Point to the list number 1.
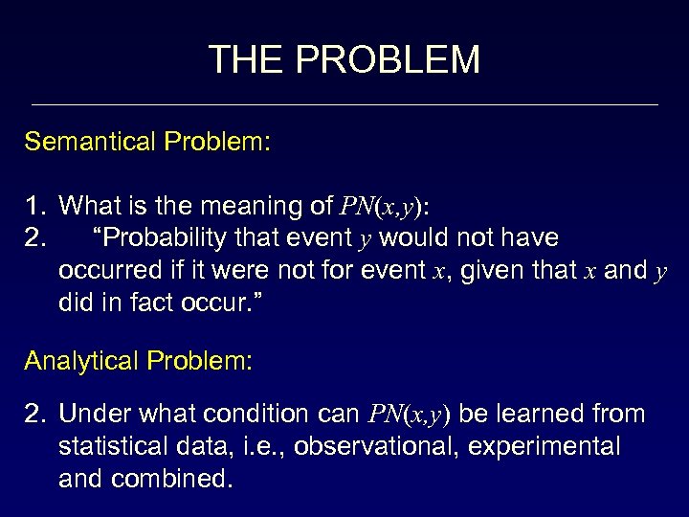[x=35, y=206]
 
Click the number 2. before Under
[x=36, y=414]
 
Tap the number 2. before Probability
[x=36, y=236]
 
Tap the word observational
[x=380, y=447]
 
